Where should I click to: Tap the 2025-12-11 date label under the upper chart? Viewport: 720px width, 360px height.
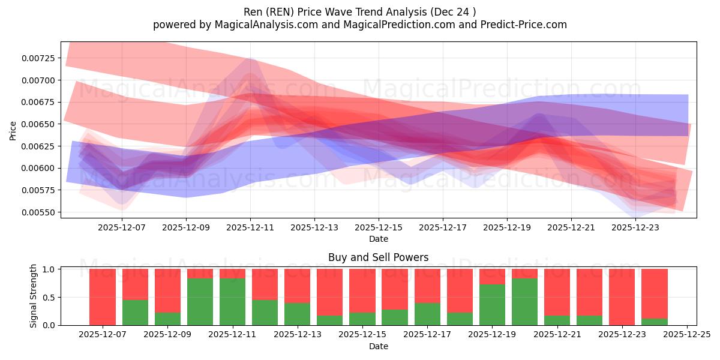[x=250, y=228]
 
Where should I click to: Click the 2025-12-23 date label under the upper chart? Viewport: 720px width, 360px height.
[x=635, y=228]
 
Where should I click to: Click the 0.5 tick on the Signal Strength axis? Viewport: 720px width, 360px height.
[x=50, y=298]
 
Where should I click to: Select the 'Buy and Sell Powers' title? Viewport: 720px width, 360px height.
[x=378, y=257]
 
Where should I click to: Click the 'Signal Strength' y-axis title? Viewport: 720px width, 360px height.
[x=34, y=296]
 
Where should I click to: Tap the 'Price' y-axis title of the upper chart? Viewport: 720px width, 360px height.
[x=13, y=131]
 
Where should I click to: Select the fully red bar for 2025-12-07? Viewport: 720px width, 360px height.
[x=103, y=297]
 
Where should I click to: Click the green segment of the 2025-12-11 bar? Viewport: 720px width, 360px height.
[x=232, y=302]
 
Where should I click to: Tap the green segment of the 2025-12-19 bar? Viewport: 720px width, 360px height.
[x=492, y=305]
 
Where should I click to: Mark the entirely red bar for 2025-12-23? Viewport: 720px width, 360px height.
[x=622, y=297]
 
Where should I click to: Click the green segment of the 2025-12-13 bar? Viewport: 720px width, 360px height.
[x=297, y=314]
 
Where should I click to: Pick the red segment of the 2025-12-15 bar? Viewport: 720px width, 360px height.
[x=362, y=290]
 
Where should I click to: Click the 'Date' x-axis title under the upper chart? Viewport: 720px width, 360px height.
[x=378, y=239]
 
